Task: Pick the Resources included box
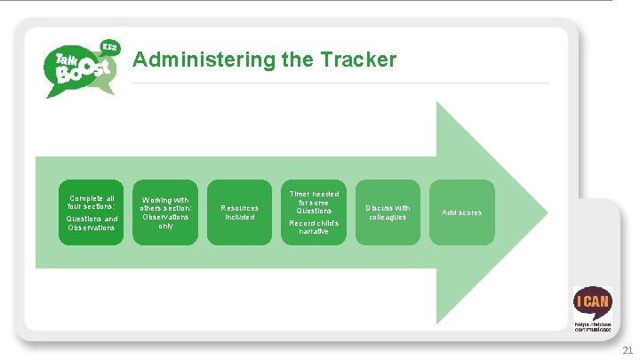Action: point(240,212)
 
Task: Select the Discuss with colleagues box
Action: point(388,212)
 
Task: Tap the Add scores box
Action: point(461,212)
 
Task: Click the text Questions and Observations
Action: point(92,222)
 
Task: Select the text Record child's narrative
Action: point(314,227)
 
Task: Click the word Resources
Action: point(240,208)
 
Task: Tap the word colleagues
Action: point(388,217)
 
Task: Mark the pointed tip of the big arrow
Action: point(549,212)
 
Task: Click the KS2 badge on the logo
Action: point(111,47)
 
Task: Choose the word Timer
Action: point(298,194)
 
